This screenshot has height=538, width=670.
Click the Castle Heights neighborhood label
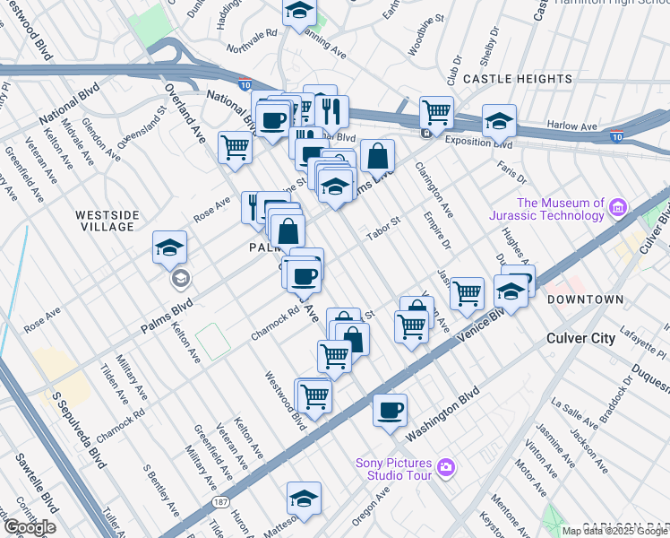511,80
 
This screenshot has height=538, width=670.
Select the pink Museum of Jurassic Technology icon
617,209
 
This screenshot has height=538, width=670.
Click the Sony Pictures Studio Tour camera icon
446,467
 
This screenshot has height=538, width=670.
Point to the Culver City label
581,338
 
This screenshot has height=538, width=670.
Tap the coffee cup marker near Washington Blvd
390,410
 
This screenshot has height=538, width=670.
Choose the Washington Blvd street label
442,415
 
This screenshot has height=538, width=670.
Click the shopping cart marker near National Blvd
235,146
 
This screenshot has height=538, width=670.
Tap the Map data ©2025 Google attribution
614,531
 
